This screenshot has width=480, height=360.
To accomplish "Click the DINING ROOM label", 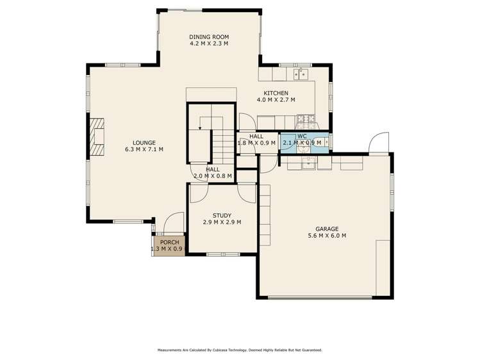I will (208, 37).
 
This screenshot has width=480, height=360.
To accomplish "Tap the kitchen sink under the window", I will (299, 74).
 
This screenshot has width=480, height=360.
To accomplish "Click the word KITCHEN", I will (276, 93).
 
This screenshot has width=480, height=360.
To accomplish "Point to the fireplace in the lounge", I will (96, 137).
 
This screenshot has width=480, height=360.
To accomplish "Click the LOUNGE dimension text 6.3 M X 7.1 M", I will (144, 149).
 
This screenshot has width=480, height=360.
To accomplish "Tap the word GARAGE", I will (326, 229).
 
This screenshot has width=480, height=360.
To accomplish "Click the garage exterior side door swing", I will (379, 143).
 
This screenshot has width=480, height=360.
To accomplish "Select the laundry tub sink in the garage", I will (309, 163).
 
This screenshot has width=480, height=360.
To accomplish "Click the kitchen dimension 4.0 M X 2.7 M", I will (276, 100).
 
